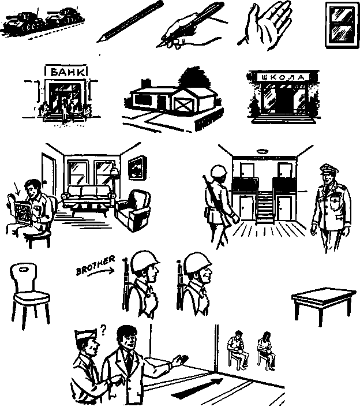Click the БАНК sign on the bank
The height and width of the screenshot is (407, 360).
66,72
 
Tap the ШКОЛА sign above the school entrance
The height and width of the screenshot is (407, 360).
283,77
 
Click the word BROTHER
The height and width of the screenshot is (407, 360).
95,265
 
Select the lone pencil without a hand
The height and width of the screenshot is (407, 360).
130,21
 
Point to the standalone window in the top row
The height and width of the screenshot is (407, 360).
342,25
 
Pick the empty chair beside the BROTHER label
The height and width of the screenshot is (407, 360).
29,295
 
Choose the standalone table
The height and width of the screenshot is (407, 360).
324,304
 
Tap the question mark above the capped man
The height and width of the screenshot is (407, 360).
103,330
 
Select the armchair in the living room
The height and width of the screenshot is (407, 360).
133,210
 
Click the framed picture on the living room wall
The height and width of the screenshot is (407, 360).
137,167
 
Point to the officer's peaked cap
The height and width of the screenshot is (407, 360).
329,169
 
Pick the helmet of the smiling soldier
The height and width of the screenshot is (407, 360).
198,263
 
